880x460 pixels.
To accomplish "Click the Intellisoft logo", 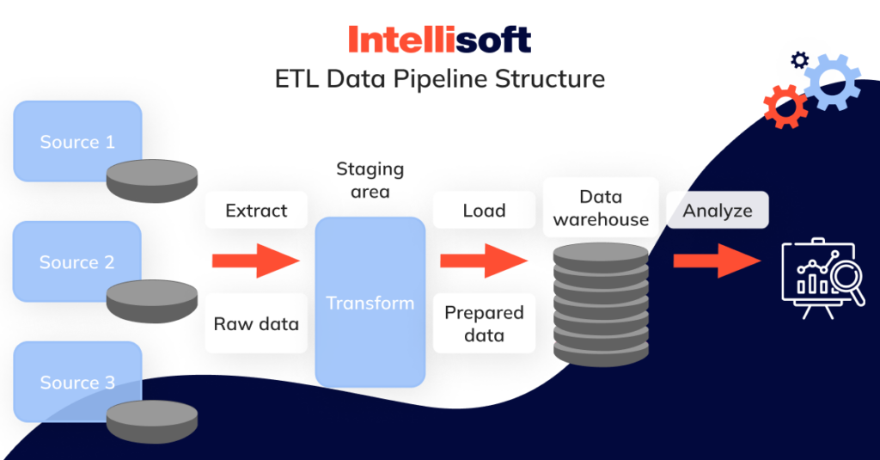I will point(439,40).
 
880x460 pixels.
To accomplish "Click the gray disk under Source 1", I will point(152,180).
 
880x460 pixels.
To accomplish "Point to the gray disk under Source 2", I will point(152,300).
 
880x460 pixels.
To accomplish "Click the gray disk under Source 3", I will point(152,421).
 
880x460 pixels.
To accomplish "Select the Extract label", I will point(256,210).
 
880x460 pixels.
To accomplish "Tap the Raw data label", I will point(256,324).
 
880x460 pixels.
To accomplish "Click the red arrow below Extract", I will point(255,261).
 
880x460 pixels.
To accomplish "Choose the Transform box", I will point(370,303).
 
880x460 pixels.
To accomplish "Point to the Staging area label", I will point(370,180).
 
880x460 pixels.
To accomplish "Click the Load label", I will point(484,210).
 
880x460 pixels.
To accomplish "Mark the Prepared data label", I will point(484,324).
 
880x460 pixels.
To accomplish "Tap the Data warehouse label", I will point(601,208).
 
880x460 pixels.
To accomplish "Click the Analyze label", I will point(718,210).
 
